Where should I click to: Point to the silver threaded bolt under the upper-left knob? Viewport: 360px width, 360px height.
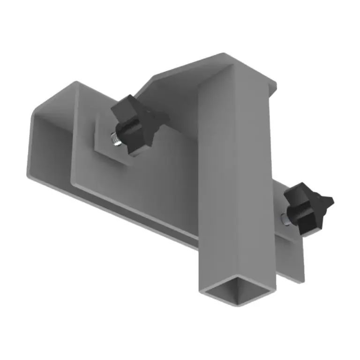tap(115, 140)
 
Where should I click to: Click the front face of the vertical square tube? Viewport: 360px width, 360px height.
tap(220, 187)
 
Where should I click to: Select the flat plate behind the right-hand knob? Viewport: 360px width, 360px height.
tap(291, 253)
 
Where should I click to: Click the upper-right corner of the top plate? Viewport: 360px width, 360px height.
tap(275, 84)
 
